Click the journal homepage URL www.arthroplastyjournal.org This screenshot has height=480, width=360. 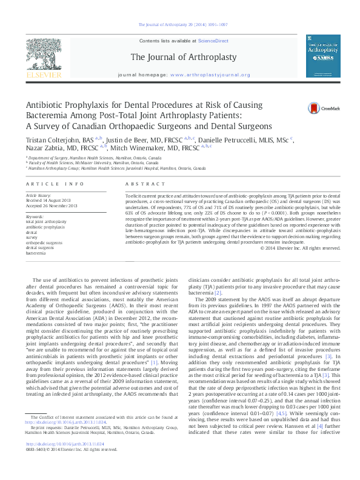coord(211,75)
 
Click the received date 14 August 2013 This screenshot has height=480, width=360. coord(52,201)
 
